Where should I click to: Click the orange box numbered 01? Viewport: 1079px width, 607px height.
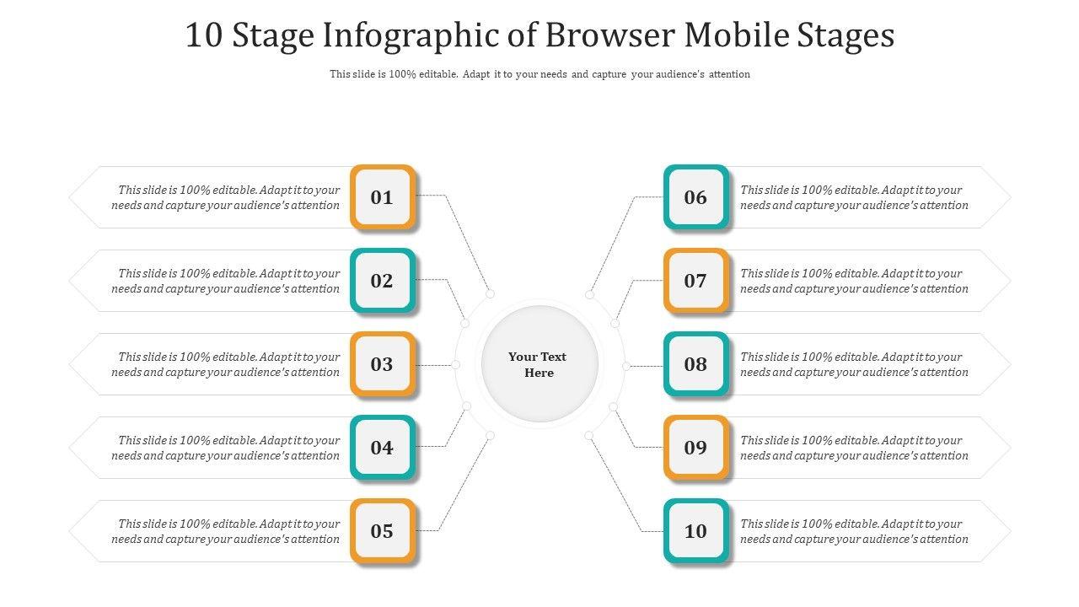coord(383,197)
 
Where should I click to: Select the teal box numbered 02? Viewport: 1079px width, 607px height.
coord(383,281)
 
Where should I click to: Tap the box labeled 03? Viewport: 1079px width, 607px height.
coord(383,364)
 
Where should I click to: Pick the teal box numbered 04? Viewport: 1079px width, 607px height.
coord(383,448)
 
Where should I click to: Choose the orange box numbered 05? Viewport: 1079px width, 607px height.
coord(383,531)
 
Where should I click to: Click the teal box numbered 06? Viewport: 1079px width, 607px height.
coord(695,197)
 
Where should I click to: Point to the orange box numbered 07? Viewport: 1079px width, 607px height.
coord(695,281)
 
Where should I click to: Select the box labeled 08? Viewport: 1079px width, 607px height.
coord(695,364)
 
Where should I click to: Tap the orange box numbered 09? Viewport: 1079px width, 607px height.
coord(695,448)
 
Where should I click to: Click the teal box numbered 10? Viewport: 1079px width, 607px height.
coord(695,531)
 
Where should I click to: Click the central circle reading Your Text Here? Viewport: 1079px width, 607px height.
coord(539,364)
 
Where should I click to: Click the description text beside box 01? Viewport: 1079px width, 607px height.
coord(226,197)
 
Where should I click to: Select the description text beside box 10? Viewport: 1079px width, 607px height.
coord(854,531)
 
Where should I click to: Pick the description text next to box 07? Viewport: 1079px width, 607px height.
coord(854,281)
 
